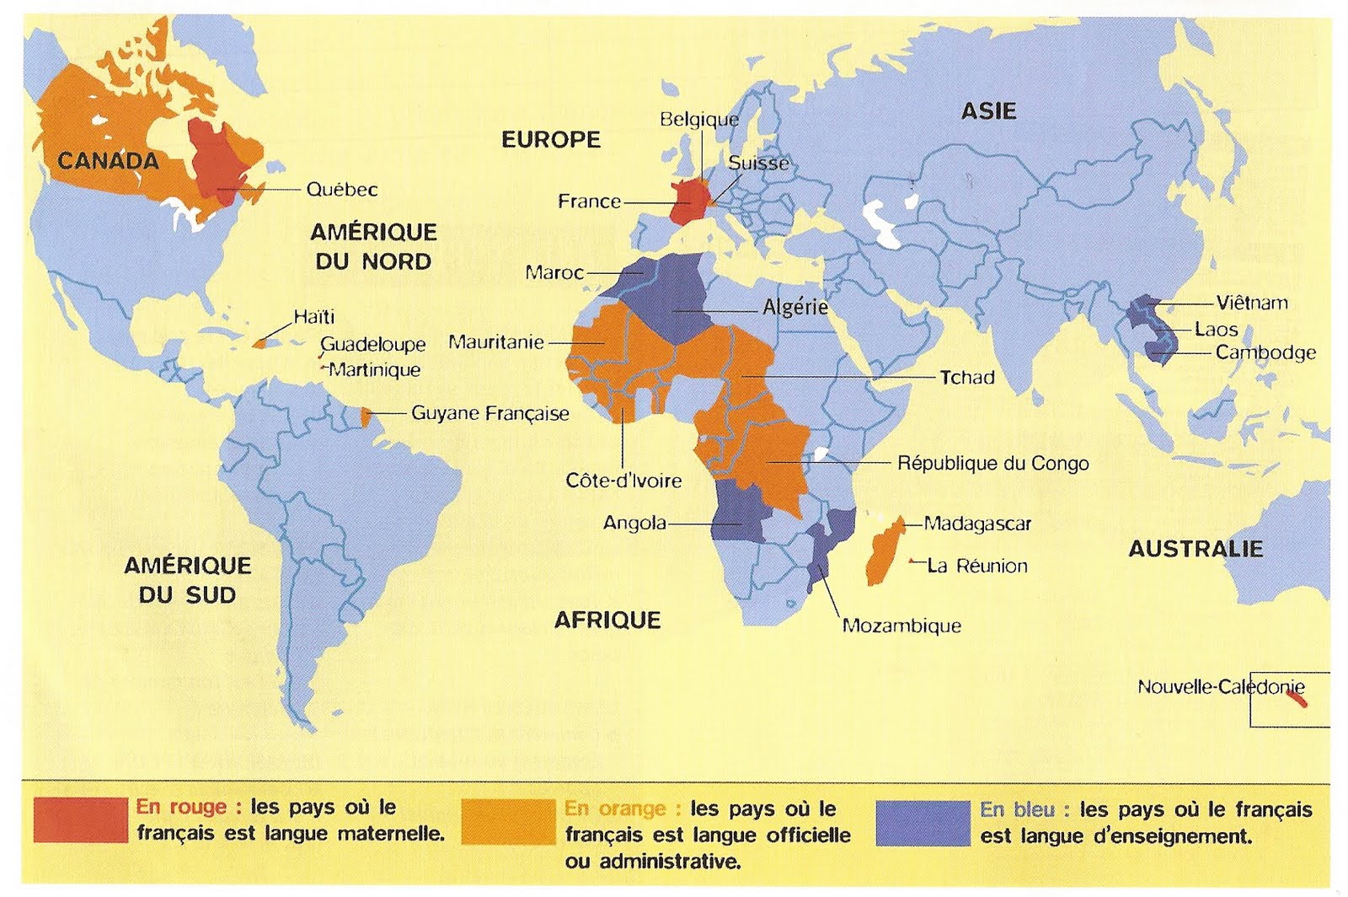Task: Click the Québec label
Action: pos(341,190)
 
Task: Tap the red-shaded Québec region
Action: pos(216,160)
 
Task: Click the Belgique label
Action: pos(698,120)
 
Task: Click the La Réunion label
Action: pos(976,567)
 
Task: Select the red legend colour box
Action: pos(80,820)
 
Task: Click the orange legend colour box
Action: pos(508,821)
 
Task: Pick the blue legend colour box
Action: pos(923,822)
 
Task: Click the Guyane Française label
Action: pos(489,414)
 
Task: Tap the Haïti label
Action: pos(313,317)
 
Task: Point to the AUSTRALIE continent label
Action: pos(1195,550)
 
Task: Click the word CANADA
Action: pos(108,161)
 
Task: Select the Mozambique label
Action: pos(901,626)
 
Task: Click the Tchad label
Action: pos(966,378)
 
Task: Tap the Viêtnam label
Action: pos(1251,303)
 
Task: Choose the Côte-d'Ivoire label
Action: pos(623,481)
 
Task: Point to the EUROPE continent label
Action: pos(551,140)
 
